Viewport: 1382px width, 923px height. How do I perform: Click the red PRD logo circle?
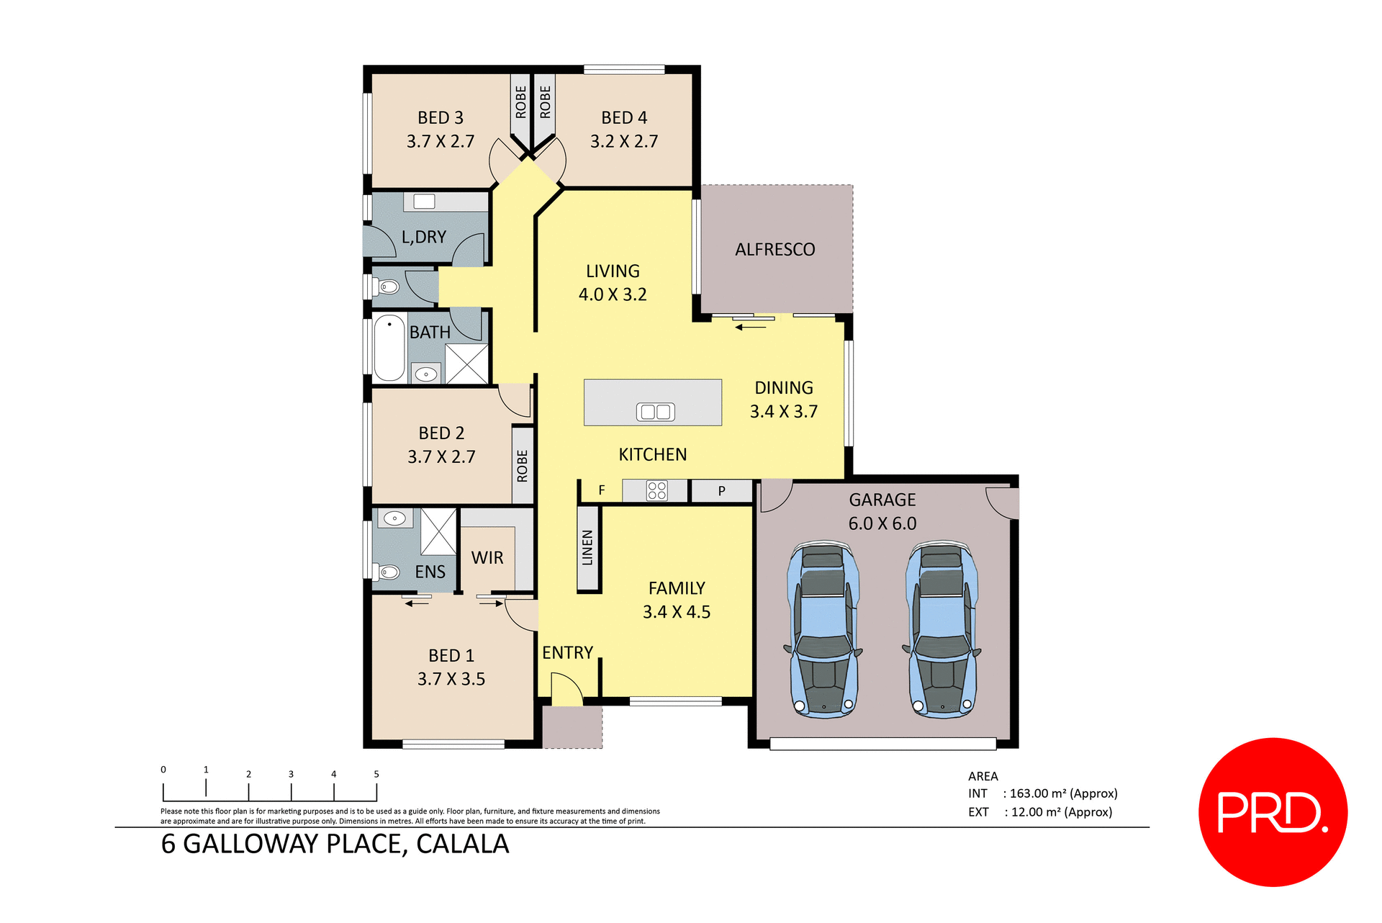point(1272,811)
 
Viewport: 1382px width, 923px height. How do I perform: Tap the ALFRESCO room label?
point(774,250)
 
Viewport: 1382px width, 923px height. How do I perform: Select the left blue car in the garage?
point(823,631)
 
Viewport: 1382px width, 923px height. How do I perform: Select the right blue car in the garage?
point(941,631)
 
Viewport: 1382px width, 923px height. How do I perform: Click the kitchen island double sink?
point(655,412)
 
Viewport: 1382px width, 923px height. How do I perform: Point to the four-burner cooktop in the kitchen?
point(656,491)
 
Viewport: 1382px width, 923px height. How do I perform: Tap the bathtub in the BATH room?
point(389,348)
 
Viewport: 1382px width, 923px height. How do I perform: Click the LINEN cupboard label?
point(588,548)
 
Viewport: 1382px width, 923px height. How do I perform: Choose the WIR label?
point(487,558)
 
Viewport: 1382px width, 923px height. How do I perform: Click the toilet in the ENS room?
point(388,572)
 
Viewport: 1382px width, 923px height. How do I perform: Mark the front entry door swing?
point(566,689)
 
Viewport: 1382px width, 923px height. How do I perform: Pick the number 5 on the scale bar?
point(376,774)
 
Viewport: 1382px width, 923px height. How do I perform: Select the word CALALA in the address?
point(462,844)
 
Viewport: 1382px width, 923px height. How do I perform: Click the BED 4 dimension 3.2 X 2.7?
point(624,142)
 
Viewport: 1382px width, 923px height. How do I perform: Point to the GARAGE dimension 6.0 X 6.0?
point(882,523)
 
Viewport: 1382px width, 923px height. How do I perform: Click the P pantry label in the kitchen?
point(721,491)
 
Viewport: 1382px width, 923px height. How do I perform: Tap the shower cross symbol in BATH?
point(466,364)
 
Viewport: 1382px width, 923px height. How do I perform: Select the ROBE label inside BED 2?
point(523,466)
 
